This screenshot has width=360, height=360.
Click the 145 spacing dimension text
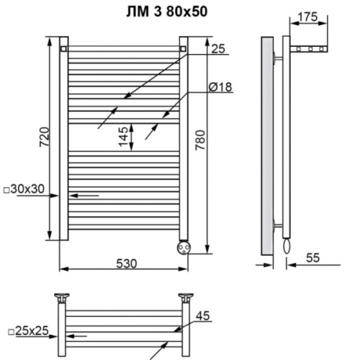[123, 135]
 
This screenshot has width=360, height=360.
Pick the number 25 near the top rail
[218, 48]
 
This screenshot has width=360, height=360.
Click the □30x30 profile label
[24, 189]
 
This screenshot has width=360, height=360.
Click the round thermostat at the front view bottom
[183, 246]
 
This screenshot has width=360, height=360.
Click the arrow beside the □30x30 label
[85, 195]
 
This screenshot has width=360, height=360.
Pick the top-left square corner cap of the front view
[65, 48]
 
